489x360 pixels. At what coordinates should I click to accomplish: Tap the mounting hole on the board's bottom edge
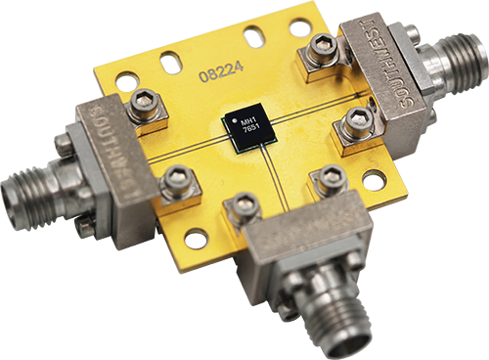click(196, 237)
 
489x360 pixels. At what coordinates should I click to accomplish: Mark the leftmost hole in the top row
click(128, 82)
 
